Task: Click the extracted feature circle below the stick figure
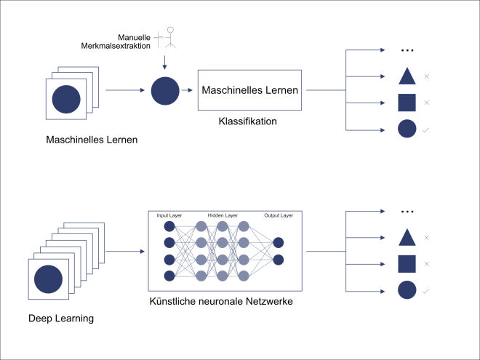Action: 164,91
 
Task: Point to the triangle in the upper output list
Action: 407,76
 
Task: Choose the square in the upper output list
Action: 407,103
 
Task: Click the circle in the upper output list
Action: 407,129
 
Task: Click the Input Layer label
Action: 169,216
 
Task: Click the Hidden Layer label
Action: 222,216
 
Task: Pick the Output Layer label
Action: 279,216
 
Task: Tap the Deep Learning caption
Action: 62,318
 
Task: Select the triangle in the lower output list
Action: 407,237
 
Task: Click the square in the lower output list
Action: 407,264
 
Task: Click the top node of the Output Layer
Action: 279,243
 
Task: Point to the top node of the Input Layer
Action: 169,226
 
